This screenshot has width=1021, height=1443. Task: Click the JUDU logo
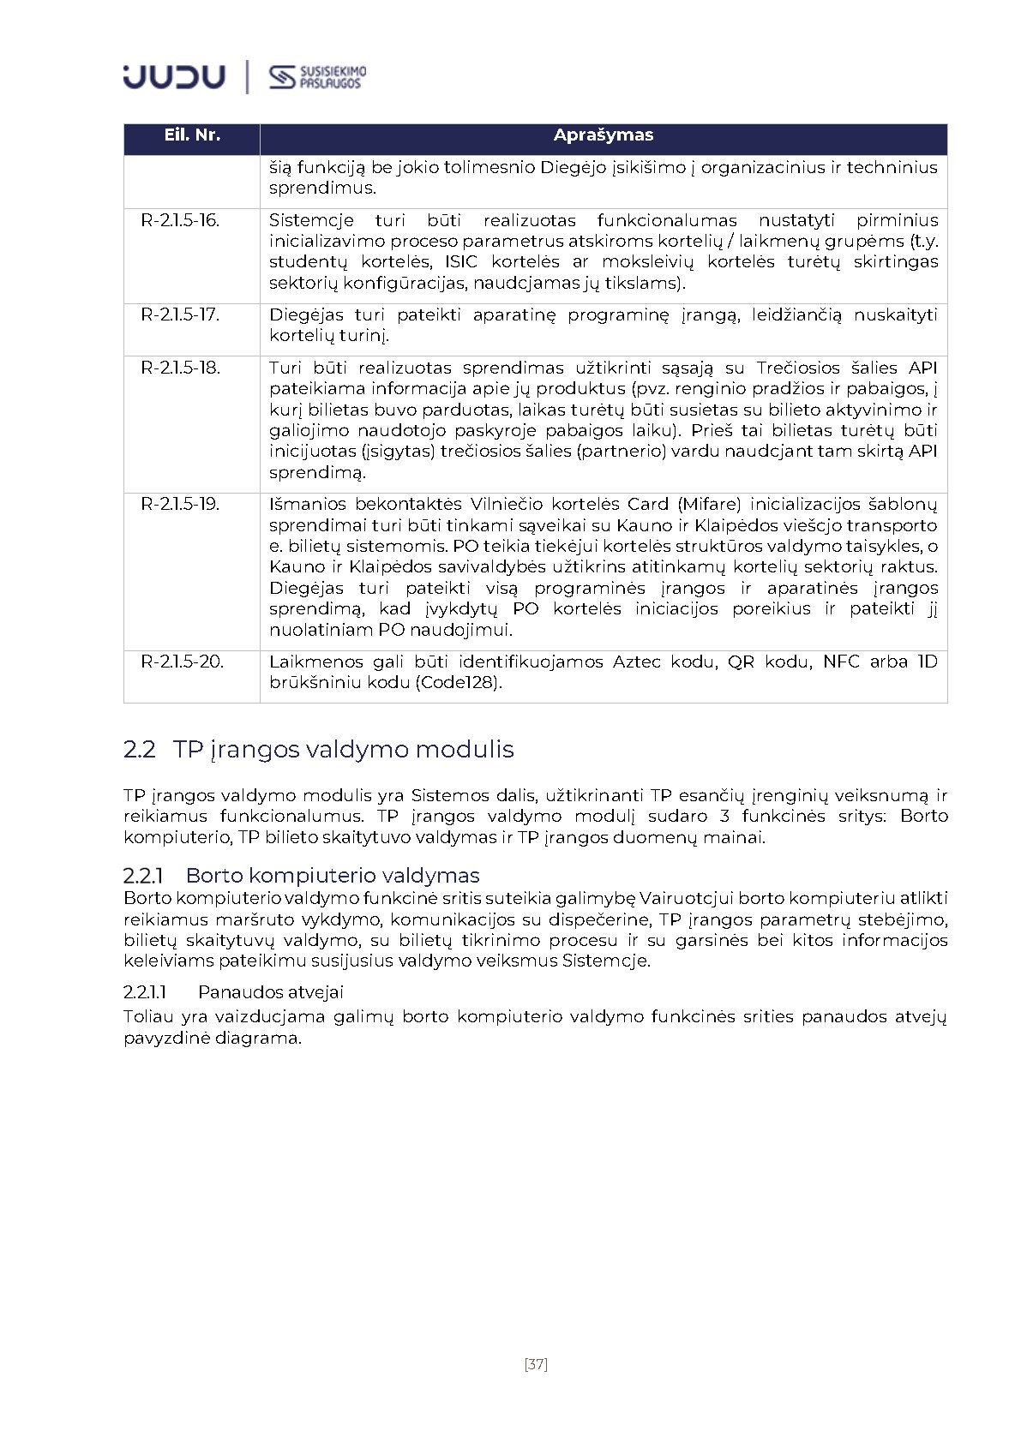[x=174, y=76]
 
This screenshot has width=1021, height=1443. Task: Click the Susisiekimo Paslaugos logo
[x=317, y=77]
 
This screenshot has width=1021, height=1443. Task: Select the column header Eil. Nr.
[x=192, y=135]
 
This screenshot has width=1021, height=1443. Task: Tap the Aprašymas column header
[x=603, y=135]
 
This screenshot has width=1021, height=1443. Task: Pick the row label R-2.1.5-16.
[x=181, y=220]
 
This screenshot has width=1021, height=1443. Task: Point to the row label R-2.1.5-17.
[x=181, y=314]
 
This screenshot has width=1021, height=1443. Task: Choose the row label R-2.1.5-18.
[x=181, y=368]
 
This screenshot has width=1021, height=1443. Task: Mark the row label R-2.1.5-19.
[x=181, y=504]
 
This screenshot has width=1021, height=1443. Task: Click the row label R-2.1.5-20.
[x=183, y=662]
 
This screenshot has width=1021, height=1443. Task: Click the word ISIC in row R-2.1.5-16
[x=461, y=261]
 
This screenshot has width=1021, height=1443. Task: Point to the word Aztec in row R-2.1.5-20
[x=638, y=662]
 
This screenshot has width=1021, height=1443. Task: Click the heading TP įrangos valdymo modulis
[x=343, y=750]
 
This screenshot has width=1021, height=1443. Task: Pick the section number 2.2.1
[x=143, y=876]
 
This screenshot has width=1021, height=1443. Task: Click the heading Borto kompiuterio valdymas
[x=333, y=876]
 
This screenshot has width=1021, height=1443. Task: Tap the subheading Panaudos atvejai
[x=271, y=992]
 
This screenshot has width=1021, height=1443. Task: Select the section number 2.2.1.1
[x=145, y=992]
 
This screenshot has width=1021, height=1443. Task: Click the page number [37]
[x=536, y=1364]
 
